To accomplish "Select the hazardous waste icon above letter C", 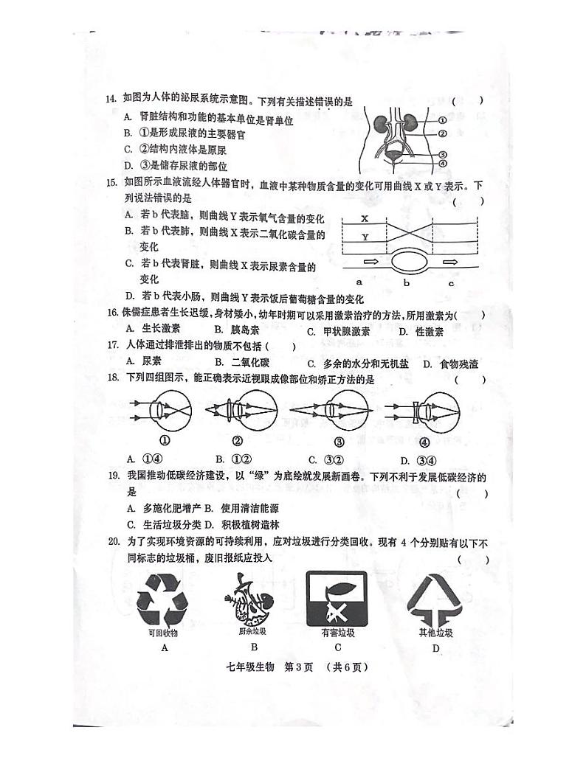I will coord(338,598).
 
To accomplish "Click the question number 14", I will coord(111,100).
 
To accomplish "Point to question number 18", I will coord(111,380).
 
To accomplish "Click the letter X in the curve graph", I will coord(364,219).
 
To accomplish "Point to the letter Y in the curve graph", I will coord(364,237).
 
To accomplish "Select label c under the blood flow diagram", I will coord(451,282).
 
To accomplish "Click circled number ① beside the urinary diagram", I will coord(443,120).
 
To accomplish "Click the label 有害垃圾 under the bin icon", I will coord(338,633).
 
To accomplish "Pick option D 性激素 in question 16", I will coord(421,330).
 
